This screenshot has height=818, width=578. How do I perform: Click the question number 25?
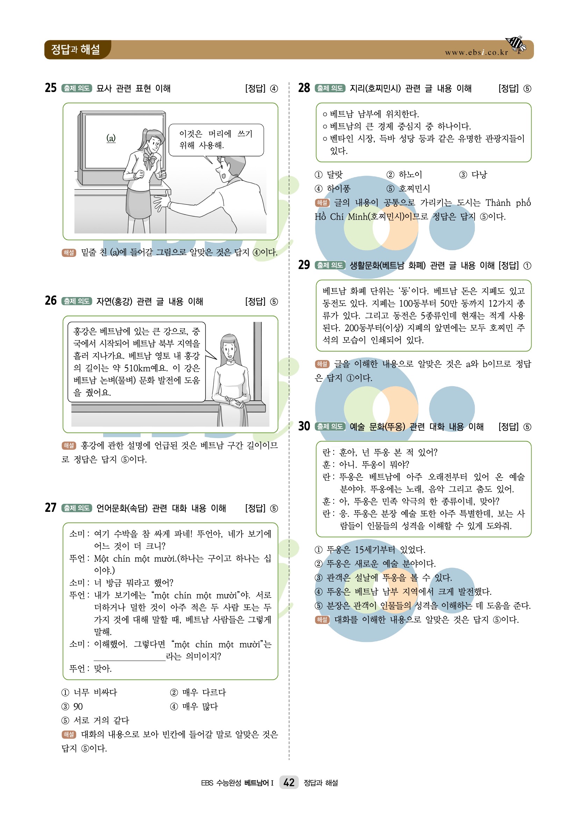51,87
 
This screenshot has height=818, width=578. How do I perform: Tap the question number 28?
304,87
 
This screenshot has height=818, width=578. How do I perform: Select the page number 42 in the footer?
289,782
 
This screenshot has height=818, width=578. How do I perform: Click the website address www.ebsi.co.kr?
477,52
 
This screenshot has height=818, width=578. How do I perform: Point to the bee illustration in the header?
516,44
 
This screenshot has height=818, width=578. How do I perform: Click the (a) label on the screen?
111,138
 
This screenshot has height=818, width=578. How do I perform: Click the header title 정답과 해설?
76,50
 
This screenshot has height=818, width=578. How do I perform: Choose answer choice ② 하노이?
404,175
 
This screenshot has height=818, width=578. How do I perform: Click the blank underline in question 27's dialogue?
130,661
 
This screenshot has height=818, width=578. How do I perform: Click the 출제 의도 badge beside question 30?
330,426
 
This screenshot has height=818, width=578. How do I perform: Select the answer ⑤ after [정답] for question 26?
274,302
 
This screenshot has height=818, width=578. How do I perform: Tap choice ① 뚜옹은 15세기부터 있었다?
370,550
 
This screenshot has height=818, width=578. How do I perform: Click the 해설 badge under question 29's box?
322,364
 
